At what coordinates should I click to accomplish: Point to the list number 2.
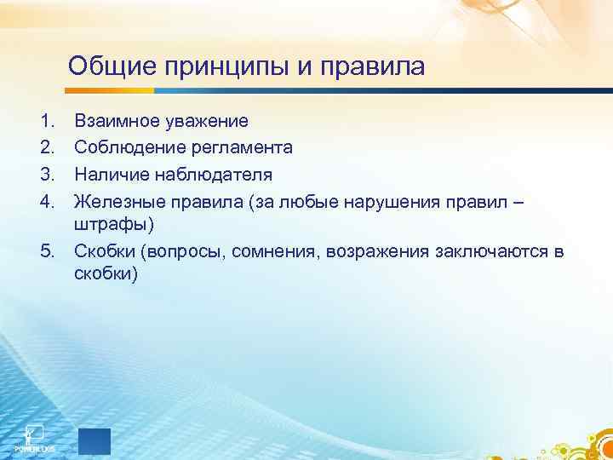click(x=44, y=148)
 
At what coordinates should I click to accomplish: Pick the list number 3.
click(x=44, y=175)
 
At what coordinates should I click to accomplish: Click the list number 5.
click(x=44, y=252)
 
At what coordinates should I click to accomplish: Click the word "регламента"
click(x=242, y=148)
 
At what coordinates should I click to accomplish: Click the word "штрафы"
click(x=114, y=226)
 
